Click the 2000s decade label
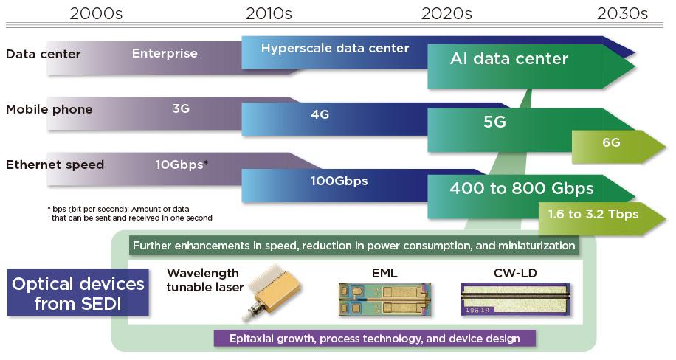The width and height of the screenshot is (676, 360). click(95, 13)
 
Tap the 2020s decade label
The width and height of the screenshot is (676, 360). click(446, 13)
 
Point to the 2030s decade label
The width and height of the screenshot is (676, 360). click(621, 13)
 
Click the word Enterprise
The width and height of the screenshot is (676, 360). click(165, 53)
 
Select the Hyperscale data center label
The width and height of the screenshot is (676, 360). click(335, 49)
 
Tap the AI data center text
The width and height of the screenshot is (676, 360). click(509, 59)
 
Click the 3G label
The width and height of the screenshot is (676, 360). click(181, 108)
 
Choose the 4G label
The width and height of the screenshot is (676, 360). click(320, 114)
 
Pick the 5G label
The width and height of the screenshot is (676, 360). click(494, 122)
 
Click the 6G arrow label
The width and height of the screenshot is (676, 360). click(611, 142)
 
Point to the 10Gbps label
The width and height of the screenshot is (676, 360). click(181, 165)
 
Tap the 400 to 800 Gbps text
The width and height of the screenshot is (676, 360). click(521, 189)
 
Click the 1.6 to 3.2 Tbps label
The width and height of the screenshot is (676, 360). click(593, 214)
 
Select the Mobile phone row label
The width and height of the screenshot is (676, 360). click(49, 109)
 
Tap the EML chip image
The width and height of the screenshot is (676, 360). click(384, 299)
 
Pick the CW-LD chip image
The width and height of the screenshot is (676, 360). click(514, 300)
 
